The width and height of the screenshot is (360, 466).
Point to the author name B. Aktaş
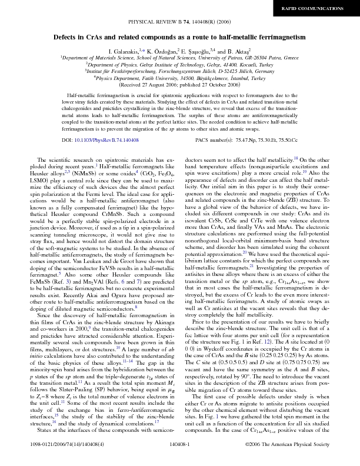pyautogui.click(x=238, y=52)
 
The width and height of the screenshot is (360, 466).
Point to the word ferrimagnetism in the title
pyautogui.click(x=282, y=37)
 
